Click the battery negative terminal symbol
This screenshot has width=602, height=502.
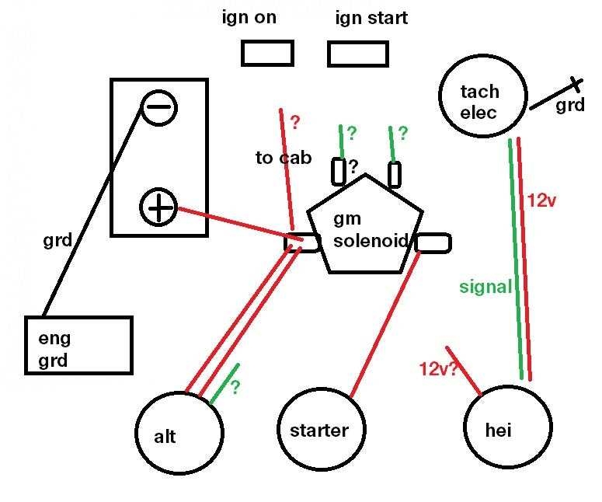pyautogui.click(x=158, y=109)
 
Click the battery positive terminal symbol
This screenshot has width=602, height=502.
pyautogui.click(x=158, y=207)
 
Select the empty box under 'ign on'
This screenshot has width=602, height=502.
pyautogui.click(x=267, y=53)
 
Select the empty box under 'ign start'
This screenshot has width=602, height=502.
pyautogui.click(x=357, y=54)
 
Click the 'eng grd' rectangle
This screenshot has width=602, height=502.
pyautogui.click(x=78, y=345)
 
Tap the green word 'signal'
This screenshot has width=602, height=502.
pyautogui.click(x=485, y=288)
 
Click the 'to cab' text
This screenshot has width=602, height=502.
pyautogui.click(x=284, y=159)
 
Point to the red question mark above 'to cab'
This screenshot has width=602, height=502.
pyautogui.click(x=294, y=122)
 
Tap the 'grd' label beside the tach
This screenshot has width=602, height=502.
pyautogui.click(x=570, y=106)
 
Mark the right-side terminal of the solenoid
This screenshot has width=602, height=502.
pyautogui.click(x=433, y=242)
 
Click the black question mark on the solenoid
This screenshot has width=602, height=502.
pyautogui.click(x=353, y=166)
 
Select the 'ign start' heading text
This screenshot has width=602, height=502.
pyautogui.click(x=371, y=18)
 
